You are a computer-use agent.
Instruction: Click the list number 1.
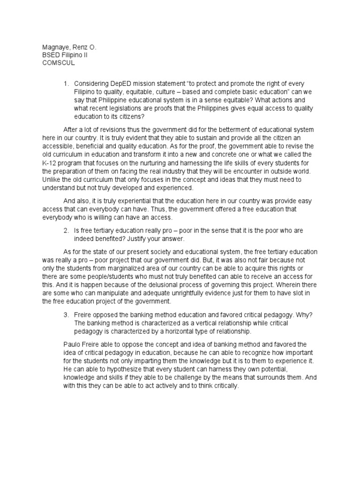click(x=66, y=83)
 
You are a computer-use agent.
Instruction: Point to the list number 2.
click(x=66, y=231)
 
